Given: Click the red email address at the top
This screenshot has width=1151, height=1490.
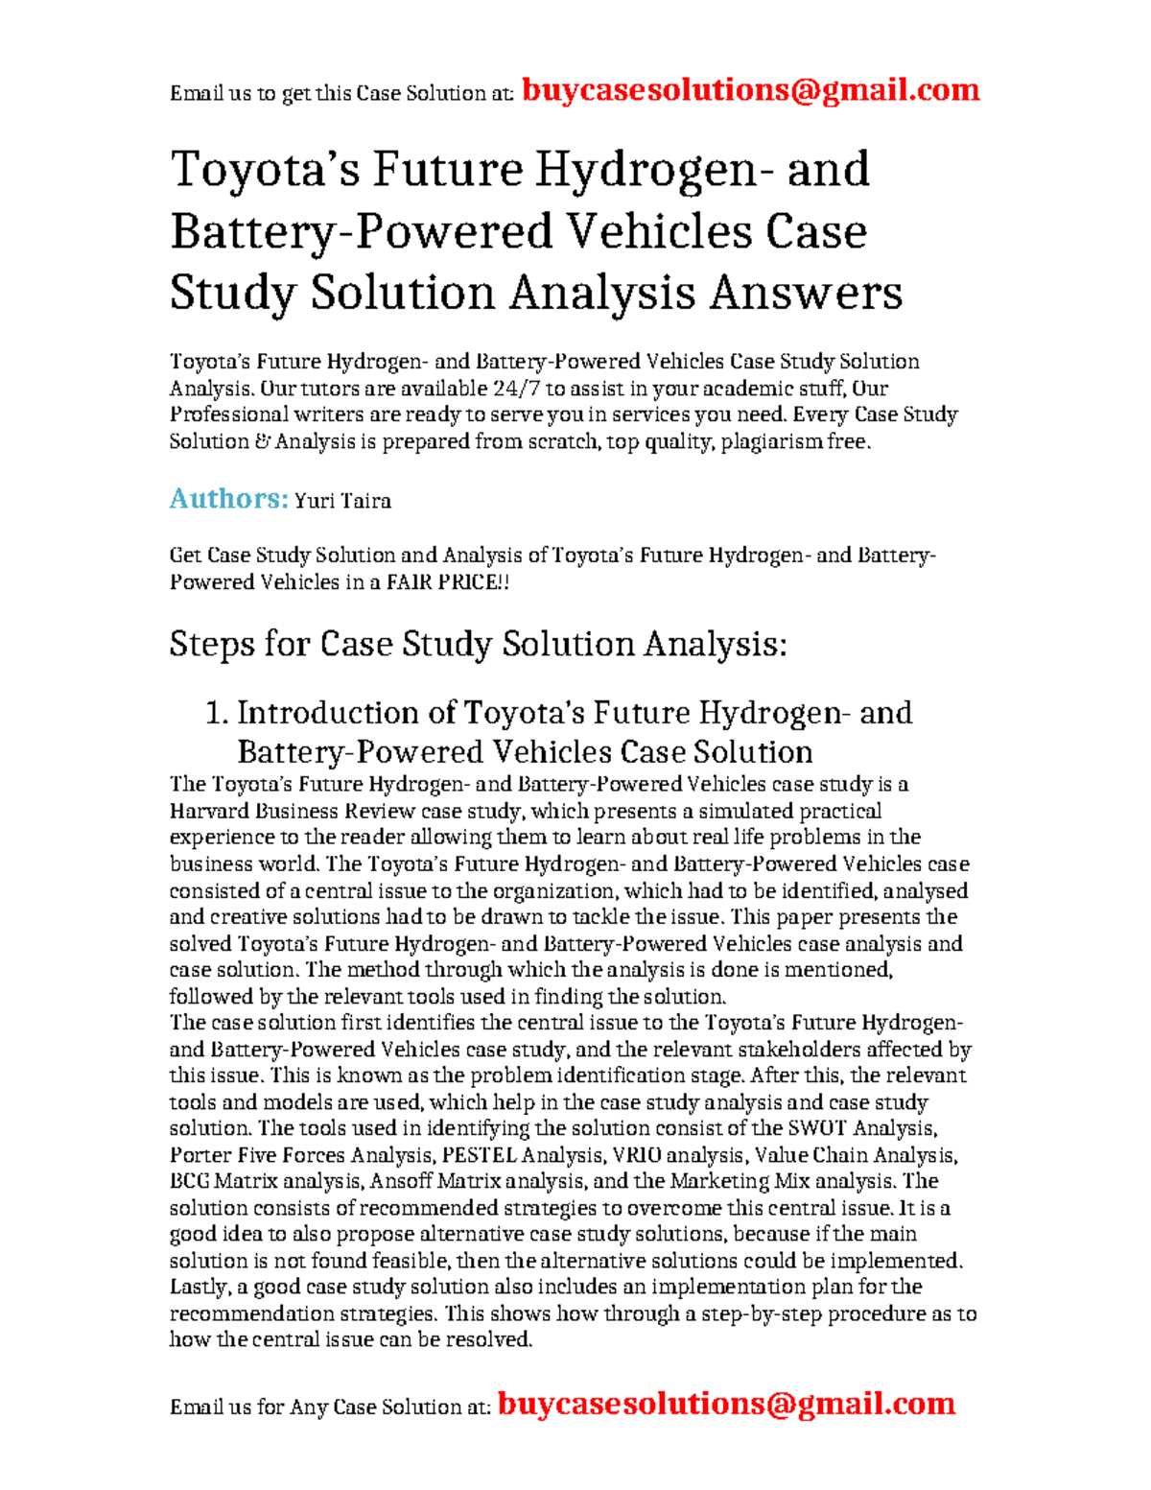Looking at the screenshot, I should point(750,90).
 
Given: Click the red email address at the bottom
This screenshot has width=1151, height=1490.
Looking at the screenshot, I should point(726,1404).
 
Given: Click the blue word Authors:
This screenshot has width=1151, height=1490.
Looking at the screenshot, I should point(228,499).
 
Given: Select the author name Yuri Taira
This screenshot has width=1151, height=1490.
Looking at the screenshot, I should point(342,501).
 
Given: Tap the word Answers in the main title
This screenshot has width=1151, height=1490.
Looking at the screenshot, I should point(806,293).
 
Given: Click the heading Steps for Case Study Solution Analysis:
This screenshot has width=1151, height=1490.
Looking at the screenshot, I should point(478,644).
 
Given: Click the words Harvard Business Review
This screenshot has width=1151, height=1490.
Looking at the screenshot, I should point(293,811).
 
